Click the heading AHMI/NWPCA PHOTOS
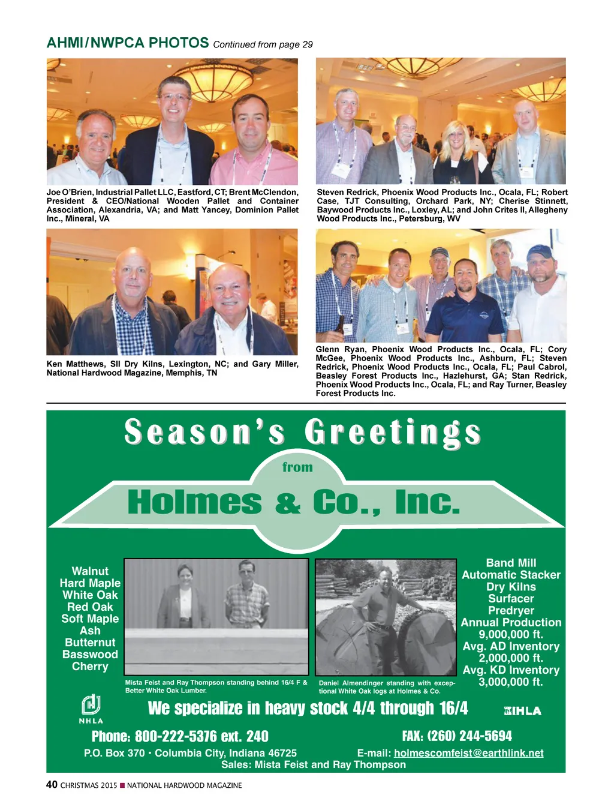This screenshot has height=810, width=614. pos(128,43)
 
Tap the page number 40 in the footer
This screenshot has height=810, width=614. pos(52,784)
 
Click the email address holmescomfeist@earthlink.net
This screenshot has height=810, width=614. pos(468,753)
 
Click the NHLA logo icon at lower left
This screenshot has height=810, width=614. pos(91,706)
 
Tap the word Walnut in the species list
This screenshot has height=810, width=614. pos(90,571)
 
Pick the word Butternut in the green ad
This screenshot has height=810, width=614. pos(90,643)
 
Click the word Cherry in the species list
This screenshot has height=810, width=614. pos(90,667)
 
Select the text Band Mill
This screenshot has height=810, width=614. pos(511,563)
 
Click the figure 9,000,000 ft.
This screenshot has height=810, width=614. pos(511,634)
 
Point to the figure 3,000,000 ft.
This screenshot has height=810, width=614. pos(511,682)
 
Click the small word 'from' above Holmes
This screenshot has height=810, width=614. pos(297,467)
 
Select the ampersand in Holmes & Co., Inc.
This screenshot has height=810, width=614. pos(288,503)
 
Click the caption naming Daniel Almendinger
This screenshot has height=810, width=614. pos(387,687)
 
